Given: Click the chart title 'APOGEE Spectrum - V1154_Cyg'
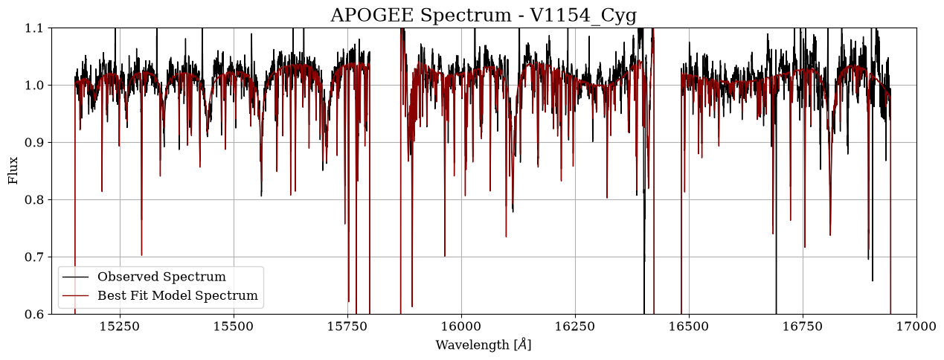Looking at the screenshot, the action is [484, 15].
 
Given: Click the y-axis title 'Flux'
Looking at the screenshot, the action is [13, 170].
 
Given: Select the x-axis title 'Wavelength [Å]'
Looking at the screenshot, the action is [484, 344].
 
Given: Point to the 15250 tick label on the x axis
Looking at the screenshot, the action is [120, 327].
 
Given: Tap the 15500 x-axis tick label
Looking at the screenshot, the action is [234, 327].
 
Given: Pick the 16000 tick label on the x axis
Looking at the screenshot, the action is [461, 327].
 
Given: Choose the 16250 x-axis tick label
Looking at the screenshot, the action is [575, 327].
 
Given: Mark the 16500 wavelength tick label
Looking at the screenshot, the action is [689, 327].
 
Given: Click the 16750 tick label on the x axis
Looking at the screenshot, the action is [803, 327].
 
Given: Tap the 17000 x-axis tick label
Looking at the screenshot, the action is [916, 327].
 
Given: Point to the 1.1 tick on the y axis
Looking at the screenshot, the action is [33, 28].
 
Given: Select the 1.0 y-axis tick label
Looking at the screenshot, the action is [33, 85].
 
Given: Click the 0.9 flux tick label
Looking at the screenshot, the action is [33, 143].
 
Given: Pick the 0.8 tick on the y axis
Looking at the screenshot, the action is [33, 200].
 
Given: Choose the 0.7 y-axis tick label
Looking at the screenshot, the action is [33, 257].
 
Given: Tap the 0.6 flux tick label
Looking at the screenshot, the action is [33, 314].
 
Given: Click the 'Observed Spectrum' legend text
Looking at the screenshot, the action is [162, 277].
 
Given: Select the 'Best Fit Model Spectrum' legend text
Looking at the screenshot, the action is [178, 295].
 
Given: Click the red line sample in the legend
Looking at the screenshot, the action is [76, 295].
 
